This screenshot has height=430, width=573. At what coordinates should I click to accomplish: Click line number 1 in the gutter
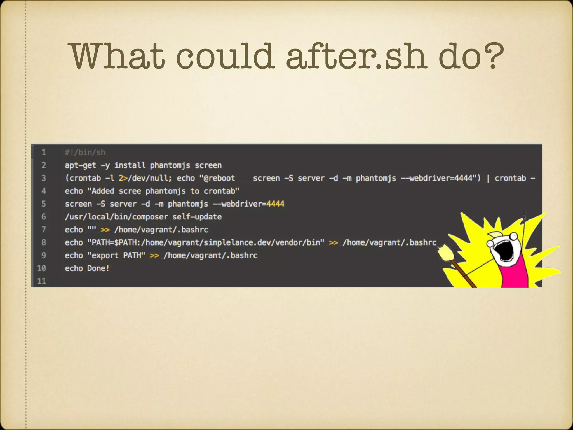point(44,152)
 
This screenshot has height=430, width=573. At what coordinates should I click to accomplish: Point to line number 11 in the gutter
point(41,281)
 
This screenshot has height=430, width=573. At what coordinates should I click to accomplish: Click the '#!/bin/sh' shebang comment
point(85,153)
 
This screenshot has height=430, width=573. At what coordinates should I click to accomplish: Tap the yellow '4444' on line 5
point(275,204)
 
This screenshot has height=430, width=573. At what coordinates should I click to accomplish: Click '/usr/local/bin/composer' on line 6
point(116,217)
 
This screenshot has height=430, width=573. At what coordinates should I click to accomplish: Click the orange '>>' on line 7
point(105,230)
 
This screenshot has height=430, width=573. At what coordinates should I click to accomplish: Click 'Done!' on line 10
point(98,268)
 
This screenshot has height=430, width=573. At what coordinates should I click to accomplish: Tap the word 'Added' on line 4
point(103,191)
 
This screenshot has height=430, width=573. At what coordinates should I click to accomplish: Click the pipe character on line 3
point(488,178)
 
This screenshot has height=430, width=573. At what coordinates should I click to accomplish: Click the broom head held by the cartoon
point(445,252)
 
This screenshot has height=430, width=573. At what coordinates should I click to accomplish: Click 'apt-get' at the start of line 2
point(80,165)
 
